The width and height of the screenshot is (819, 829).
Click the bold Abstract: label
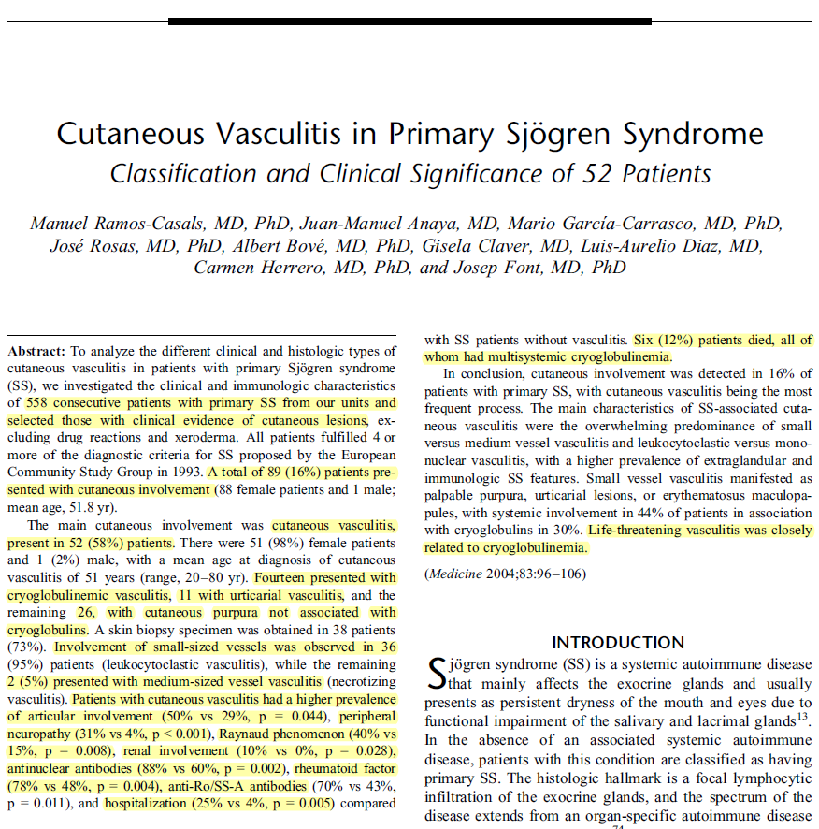click(x=36, y=351)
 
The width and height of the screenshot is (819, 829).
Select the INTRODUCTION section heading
click(x=618, y=643)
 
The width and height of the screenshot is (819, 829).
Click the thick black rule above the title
click(x=409, y=21)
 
